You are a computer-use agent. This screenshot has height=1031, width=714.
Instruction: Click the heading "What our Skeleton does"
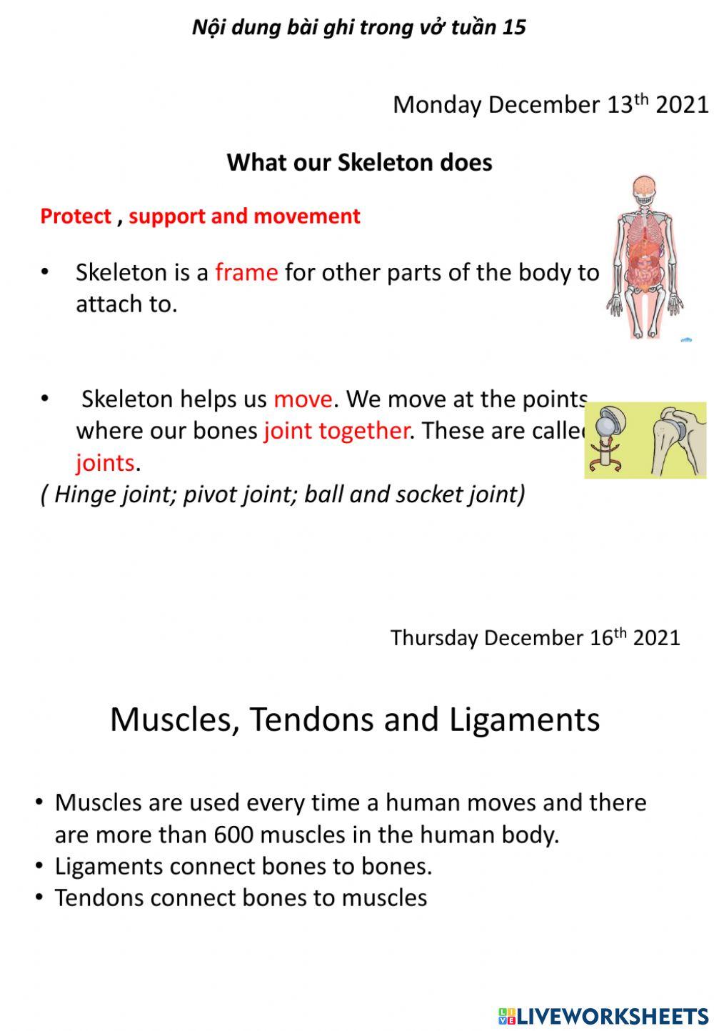(359, 163)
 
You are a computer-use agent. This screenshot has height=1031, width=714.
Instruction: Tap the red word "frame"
(246, 272)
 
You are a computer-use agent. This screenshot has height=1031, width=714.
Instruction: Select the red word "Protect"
(76, 216)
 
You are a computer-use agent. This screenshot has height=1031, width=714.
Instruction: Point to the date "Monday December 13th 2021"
(550, 105)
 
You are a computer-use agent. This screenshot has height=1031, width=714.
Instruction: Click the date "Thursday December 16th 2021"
(535, 637)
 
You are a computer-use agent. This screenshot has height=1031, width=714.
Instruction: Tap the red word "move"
(303, 399)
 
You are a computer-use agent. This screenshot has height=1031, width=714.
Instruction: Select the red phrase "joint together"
(336, 431)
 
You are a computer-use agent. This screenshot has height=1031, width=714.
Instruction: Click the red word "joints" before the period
(105, 463)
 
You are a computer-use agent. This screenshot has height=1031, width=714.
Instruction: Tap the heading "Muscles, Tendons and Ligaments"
(355, 719)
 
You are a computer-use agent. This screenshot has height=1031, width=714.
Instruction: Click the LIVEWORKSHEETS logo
(603, 1016)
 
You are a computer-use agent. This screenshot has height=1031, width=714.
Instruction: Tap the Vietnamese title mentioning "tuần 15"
(359, 27)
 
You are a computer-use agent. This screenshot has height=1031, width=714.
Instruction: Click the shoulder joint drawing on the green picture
(675, 441)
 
